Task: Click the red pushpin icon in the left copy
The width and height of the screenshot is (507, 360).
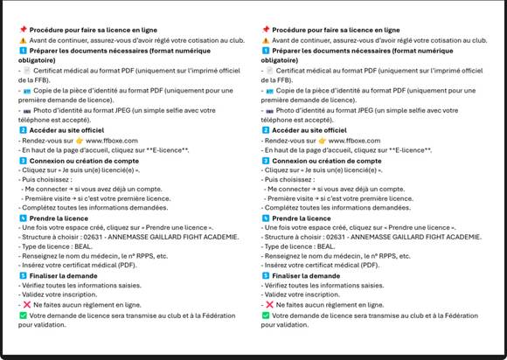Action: pyautogui.click(x=22, y=30)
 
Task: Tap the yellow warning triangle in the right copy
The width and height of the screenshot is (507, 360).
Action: pyautogui.click(x=266, y=40)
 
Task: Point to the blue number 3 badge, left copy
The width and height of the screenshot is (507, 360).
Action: pyautogui.click(x=23, y=161)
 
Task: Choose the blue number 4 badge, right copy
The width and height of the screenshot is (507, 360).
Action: pyautogui.click(x=266, y=217)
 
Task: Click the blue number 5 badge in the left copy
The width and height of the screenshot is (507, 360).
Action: pyautogui.click(x=23, y=275)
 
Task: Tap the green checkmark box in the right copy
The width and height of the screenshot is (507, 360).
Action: pyautogui.click(x=266, y=315)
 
